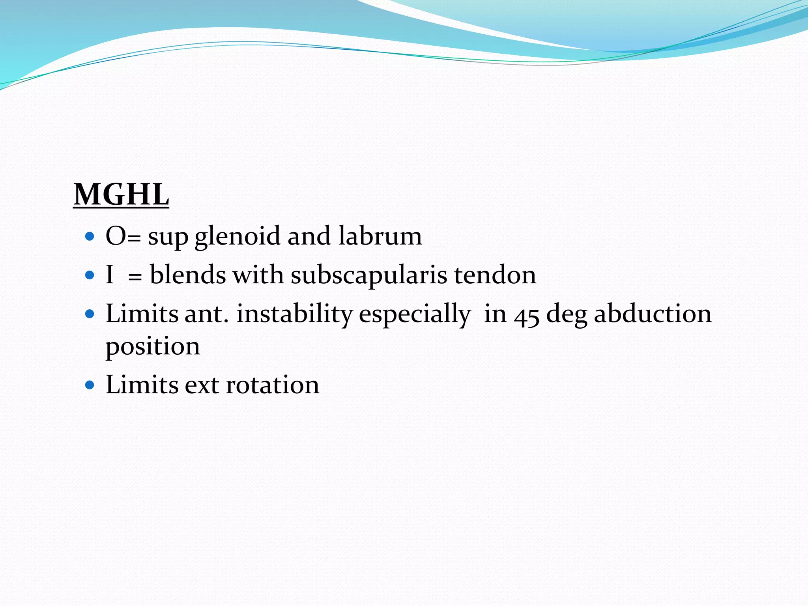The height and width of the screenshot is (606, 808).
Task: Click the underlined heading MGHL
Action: tap(121, 195)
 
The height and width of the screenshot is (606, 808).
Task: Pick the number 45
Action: tap(526, 316)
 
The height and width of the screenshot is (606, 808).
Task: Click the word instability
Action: tap(294, 314)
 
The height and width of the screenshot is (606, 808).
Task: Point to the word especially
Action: tap(415, 315)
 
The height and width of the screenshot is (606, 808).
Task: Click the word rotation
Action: tap(273, 385)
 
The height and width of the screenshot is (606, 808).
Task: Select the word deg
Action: tap(566, 315)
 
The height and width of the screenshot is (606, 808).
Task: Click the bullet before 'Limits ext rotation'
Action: tap(90, 385)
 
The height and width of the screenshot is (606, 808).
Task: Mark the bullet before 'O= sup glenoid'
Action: tap(90, 236)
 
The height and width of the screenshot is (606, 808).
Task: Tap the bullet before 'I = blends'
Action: tap(90, 275)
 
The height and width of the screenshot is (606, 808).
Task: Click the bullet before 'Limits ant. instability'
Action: tap(90, 314)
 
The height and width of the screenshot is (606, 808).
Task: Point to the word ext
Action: tap(202, 385)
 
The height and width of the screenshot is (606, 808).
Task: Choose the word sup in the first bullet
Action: tap(168, 238)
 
